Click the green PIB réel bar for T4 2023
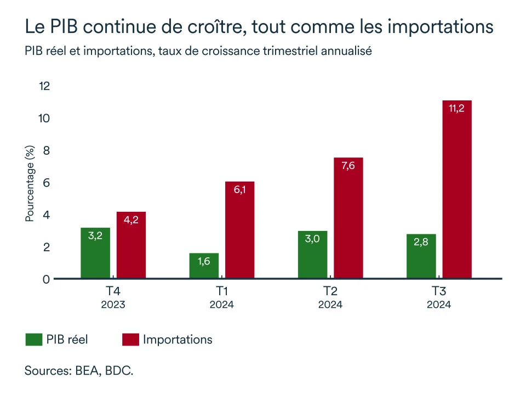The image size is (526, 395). pos(95,253)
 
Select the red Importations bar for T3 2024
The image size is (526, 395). pos(457,190)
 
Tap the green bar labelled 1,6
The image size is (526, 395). pos(204,266)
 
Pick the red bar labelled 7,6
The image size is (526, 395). pos(348,218)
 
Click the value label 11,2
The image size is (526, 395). pos(456,109)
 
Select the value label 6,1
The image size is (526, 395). pos(239,190)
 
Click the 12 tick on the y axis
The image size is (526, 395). pos(44,86)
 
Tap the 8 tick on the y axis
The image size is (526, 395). pos(47,150)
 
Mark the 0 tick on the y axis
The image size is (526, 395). pos(47,279)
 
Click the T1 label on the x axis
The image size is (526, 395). pos(221,291)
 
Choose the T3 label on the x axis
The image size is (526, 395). pos(439,291)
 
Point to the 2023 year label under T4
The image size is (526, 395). pos(113,304)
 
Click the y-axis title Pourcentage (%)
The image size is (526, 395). pos(30,184)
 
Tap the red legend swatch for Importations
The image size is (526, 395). pos(129,340)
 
